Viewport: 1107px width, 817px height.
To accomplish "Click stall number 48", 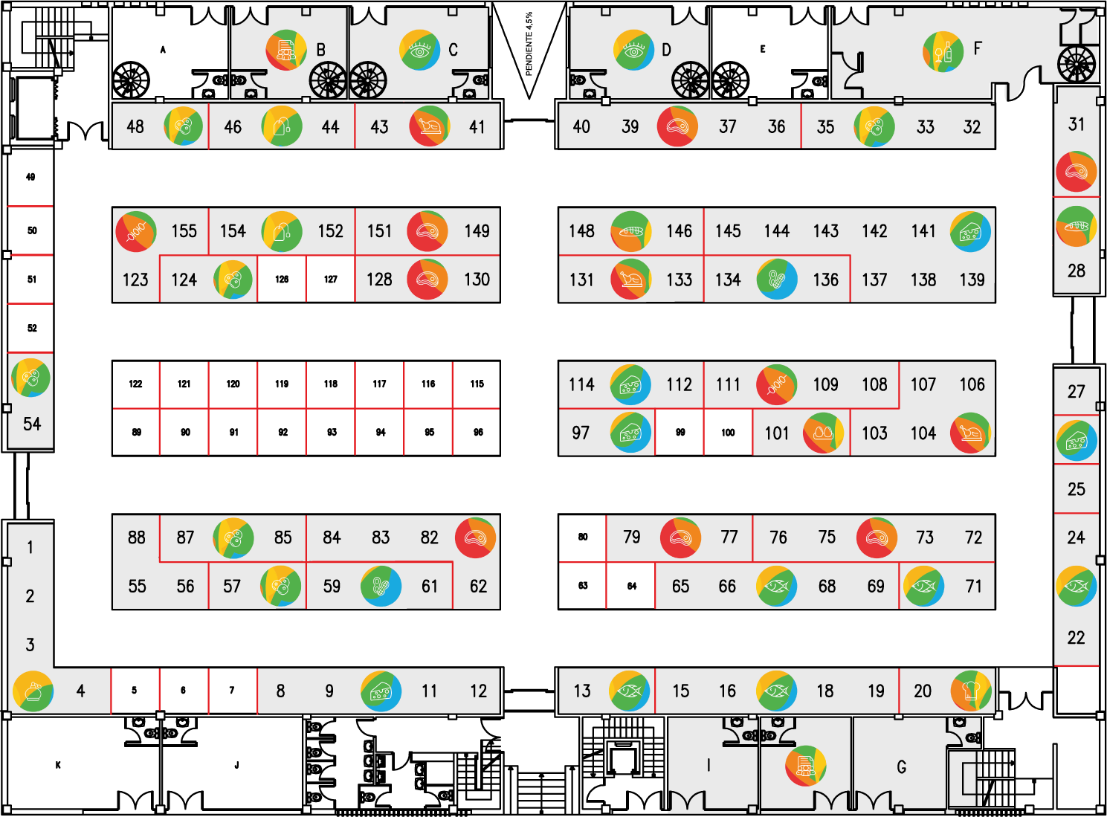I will (135, 127).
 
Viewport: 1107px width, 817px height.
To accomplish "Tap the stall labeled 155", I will (184, 231).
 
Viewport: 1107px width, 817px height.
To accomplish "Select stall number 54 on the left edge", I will (32, 424).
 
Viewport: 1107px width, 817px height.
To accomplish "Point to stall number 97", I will (581, 433).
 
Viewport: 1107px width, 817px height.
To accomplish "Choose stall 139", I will (972, 280).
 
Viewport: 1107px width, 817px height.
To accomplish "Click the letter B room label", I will (320, 50).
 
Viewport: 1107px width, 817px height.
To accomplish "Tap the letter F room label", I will (978, 49).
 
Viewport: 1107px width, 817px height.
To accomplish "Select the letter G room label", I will (902, 766).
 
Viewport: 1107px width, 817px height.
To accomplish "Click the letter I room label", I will (709, 765).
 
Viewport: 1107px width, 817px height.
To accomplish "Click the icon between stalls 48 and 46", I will (184, 126).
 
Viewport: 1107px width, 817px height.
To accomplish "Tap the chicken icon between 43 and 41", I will (429, 126).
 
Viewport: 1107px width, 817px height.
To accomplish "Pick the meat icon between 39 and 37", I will (677, 126).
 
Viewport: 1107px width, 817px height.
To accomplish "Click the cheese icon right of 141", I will (970, 232).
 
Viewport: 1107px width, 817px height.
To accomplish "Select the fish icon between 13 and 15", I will (630, 691).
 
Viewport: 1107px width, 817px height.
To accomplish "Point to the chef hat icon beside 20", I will (970, 691).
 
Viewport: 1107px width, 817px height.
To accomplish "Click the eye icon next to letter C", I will (419, 50).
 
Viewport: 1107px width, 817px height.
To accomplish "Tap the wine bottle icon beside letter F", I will (943, 51).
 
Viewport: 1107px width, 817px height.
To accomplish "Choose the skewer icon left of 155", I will (136, 232).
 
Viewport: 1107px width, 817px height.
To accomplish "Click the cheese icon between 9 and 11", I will (381, 691).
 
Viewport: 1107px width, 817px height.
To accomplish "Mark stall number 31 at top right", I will (1077, 124).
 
